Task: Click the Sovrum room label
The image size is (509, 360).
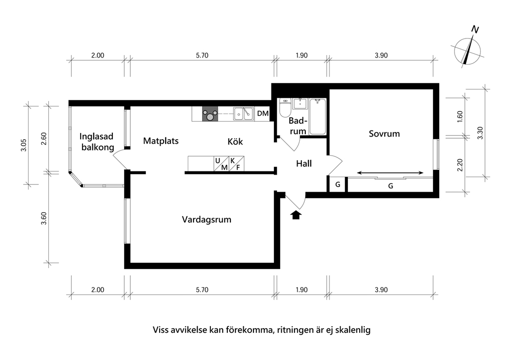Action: pos(384,134)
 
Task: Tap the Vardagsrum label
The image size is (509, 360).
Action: pos(206,220)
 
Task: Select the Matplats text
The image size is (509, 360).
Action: pos(161,141)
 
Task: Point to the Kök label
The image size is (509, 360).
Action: pos(235,141)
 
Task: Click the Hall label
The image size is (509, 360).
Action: pos(304,163)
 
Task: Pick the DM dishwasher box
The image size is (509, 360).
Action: pos(263,113)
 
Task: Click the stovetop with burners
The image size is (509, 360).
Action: pos(210,114)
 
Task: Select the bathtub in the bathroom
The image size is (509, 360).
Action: pos(318,116)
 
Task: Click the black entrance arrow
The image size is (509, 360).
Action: pos(296,215)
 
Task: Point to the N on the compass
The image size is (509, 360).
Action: pos(475,30)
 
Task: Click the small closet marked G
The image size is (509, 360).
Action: pos(338,184)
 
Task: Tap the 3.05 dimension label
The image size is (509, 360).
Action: pos(24,145)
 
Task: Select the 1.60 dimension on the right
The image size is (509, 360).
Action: pos(460,117)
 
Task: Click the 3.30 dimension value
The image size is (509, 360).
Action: pos(480,132)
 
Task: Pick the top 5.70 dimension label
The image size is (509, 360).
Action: pos(202,55)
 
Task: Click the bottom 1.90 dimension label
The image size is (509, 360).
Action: pos(302,290)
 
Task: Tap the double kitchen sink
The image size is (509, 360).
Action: pos(243,113)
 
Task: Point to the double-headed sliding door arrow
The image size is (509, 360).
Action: pos(390,173)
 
